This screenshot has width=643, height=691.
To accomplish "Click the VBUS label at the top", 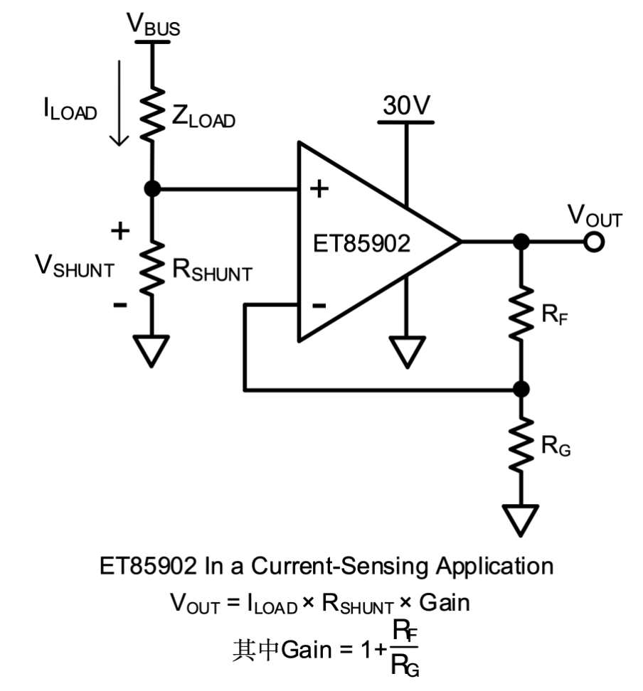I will pos(153,24).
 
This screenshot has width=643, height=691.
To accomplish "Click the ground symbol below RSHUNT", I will pos(152,350).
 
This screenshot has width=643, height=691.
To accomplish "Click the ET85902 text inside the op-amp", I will pos(361,244).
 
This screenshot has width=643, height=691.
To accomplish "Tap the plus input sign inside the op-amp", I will pos(320,189).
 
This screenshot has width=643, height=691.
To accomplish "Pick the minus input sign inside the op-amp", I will pos(319,305).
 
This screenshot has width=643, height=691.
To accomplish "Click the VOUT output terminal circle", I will pos(593,242).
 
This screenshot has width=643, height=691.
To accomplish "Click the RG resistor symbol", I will pos(521,444).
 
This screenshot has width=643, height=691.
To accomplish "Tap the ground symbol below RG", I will pos(521,519).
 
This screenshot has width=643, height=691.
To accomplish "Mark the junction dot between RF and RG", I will pos(521,390).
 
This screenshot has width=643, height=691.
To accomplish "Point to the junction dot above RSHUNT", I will pos(152,189).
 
